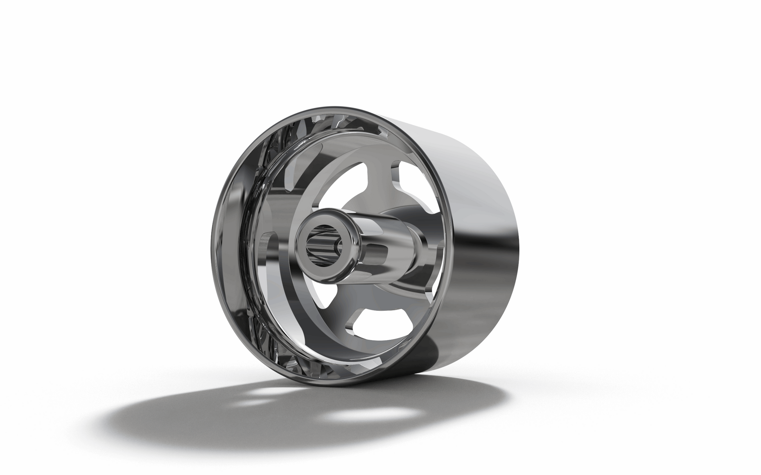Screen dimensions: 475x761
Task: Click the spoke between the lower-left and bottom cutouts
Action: pos(344,319)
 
